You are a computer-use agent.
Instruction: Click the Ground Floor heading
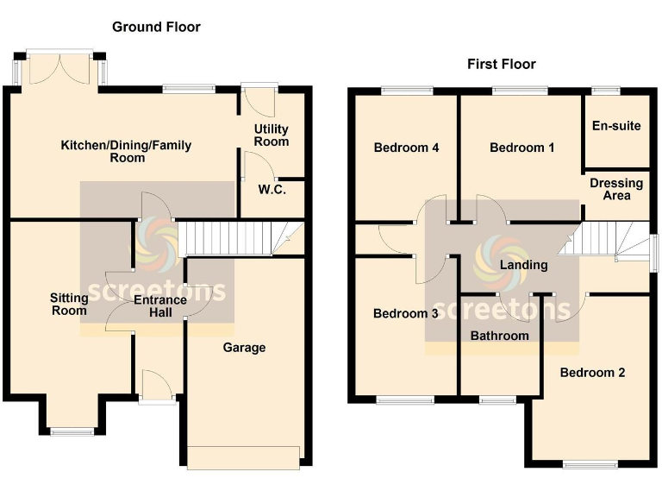click(156, 27)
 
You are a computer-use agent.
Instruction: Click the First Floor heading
click(501, 64)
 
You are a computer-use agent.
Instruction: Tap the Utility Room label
click(271, 135)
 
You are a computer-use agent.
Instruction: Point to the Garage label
click(244, 348)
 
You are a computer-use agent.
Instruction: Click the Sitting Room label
click(69, 304)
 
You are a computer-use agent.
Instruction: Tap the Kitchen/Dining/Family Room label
click(126, 151)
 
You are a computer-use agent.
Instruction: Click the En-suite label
click(616, 126)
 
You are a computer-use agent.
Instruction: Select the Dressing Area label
click(616, 189)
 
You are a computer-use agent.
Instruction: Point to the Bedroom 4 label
click(406, 148)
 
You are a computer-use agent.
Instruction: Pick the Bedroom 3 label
click(405, 314)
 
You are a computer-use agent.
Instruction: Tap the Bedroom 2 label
click(592, 373)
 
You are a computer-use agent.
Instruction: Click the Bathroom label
click(499, 335)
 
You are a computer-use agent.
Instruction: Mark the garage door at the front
click(244, 457)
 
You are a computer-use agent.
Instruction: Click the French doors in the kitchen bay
click(59, 69)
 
